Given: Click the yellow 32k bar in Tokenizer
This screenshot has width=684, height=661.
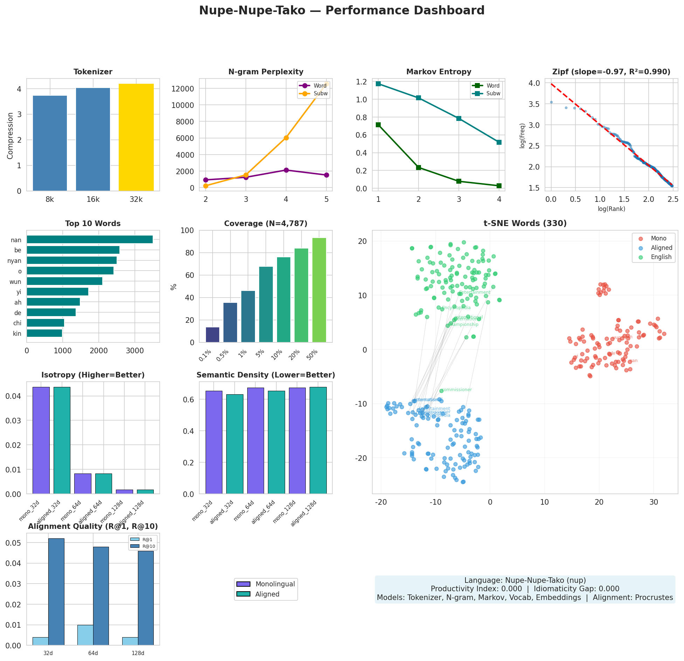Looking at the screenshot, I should [136, 137].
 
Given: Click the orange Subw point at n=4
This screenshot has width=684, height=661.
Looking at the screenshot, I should [286, 138].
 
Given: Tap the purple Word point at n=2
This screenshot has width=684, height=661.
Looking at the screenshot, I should [206, 180].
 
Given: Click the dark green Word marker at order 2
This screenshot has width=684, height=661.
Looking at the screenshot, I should [419, 168].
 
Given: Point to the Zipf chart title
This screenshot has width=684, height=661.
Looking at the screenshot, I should [611, 72].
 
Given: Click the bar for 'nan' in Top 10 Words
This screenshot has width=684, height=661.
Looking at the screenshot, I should [90, 240].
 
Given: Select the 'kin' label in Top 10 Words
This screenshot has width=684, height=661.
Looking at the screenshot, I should [17, 334].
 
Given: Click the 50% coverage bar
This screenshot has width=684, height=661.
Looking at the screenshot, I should [319, 290].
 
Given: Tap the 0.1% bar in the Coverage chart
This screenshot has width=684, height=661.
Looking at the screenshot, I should [212, 335].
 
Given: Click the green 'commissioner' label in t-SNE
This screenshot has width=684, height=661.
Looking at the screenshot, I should [457, 390].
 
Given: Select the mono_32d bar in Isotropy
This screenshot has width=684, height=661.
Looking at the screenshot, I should [41, 440].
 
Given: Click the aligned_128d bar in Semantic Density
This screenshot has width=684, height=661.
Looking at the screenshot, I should [318, 440].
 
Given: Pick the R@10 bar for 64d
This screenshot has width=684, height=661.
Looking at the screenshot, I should [101, 596].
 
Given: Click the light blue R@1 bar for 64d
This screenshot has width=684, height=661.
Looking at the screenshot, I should [85, 635].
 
